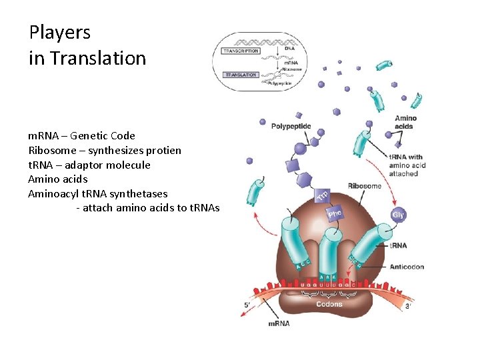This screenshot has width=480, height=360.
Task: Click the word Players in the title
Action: point(59,33)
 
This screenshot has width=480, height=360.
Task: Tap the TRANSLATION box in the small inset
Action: point(240,75)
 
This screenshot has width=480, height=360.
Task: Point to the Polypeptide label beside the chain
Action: point(290,126)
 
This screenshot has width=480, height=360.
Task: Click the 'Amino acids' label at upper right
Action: point(405,122)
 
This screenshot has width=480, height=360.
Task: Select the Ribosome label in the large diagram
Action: point(364,185)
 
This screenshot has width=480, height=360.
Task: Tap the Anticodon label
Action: point(407,267)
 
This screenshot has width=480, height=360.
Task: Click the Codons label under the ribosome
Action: point(329,304)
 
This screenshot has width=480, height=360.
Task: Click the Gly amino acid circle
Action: point(398,215)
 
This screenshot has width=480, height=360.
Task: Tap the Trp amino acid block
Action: point(323,195)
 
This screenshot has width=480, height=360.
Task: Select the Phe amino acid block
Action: point(335,213)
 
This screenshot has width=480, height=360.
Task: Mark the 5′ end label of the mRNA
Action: point(247,306)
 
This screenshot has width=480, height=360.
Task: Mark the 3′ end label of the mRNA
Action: point(407,306)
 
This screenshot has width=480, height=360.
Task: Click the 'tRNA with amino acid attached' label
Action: point(407,165)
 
